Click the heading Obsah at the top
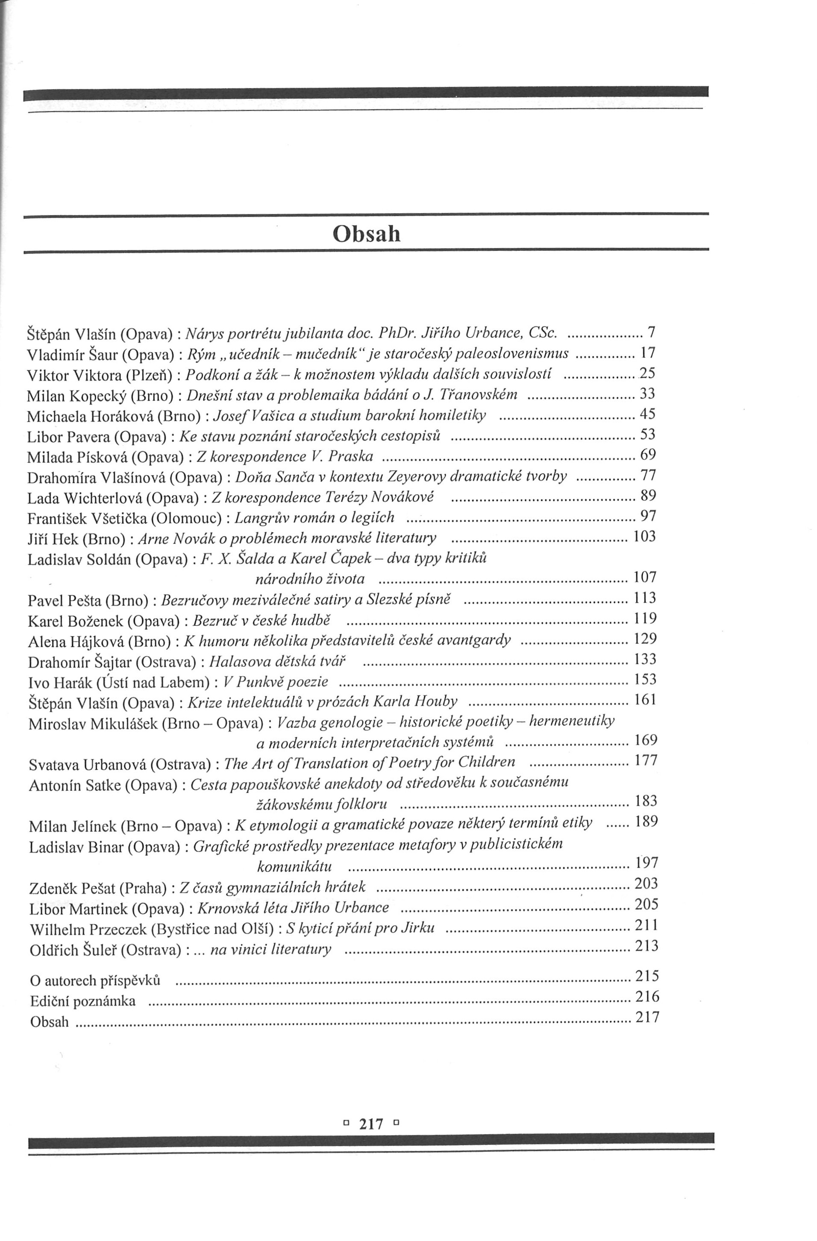pyautogui.click(x=366, y=234)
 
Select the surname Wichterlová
pyautogui.click(x=102, y=498)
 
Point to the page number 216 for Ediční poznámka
pyautogui.click(x=647, y=997)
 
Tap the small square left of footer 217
pyautogui.click(x=345, y=1123)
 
